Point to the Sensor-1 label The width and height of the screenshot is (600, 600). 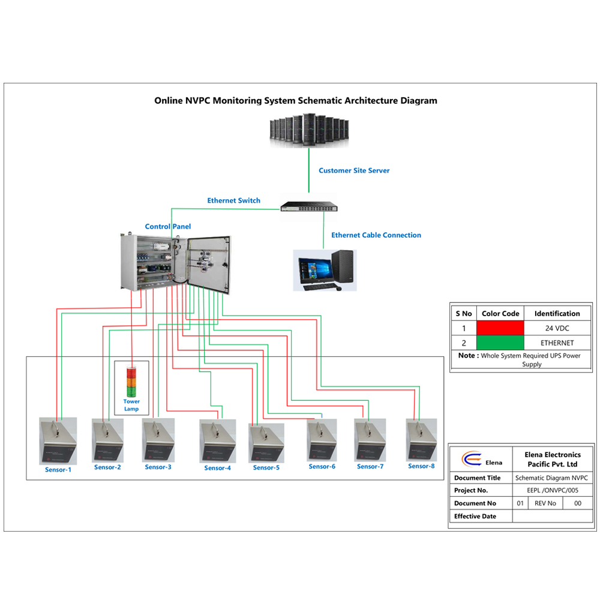[58, 470]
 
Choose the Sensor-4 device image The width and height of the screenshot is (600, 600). [217, 440]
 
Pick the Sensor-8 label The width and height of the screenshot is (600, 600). [421, 466]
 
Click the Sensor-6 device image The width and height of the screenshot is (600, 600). [322, 440]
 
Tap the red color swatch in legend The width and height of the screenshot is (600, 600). [500, 328]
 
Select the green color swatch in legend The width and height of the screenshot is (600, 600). [500, 343]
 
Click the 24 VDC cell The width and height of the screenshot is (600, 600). [557, 328]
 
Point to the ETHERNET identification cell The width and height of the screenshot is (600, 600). [557, 343]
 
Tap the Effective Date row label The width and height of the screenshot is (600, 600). [475, 516]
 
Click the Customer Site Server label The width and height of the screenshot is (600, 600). [354, 170]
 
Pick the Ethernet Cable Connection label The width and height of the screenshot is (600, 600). [376, 235]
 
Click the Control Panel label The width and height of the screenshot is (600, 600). [168, 227]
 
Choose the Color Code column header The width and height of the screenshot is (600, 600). [500, 313]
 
